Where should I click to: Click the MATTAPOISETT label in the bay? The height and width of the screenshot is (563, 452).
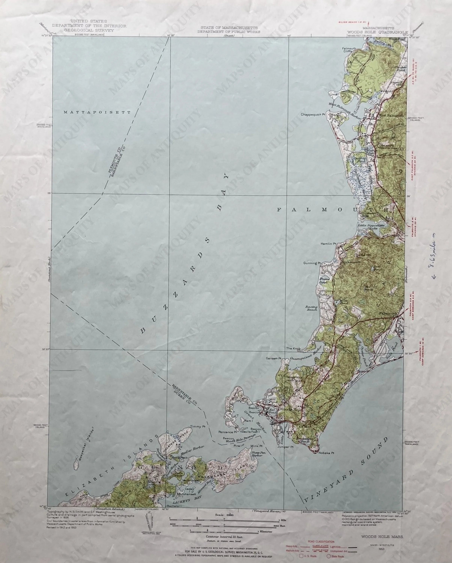pyautogui.click(x=97, y=112)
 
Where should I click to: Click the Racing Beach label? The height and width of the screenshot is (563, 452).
pyautogui.click(x=312, y=308)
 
